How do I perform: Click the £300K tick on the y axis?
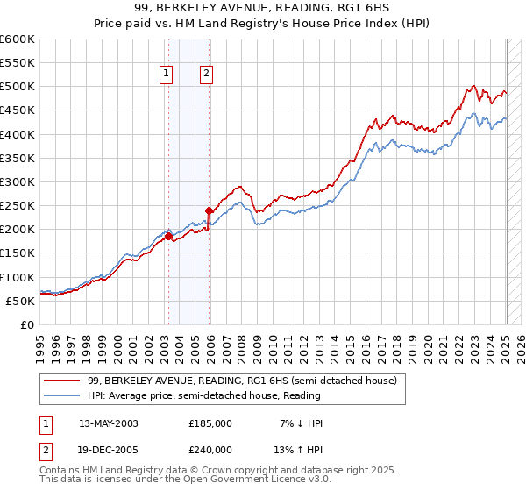point(18,181)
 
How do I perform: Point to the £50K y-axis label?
point(19,301)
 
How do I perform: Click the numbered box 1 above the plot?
point(167,75)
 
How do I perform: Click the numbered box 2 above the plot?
point(206,75)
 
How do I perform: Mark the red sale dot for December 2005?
point(210,210)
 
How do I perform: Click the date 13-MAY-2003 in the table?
point(109,423)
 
